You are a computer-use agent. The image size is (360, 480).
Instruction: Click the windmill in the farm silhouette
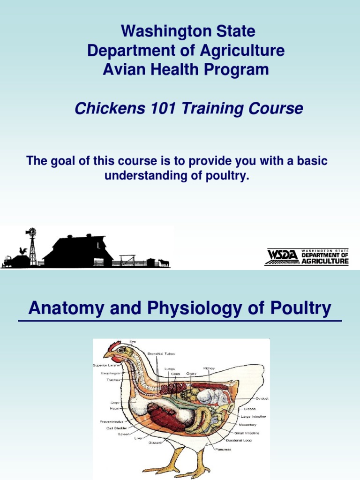(32, 244)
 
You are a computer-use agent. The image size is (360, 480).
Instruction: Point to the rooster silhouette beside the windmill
(22, 251)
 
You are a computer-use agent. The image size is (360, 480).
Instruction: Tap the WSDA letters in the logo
(281, 256)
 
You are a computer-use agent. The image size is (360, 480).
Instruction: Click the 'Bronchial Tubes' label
(161, 354)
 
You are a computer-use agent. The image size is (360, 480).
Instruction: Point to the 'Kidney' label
(209, 368)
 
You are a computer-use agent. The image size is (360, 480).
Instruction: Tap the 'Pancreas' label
(223, 449)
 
